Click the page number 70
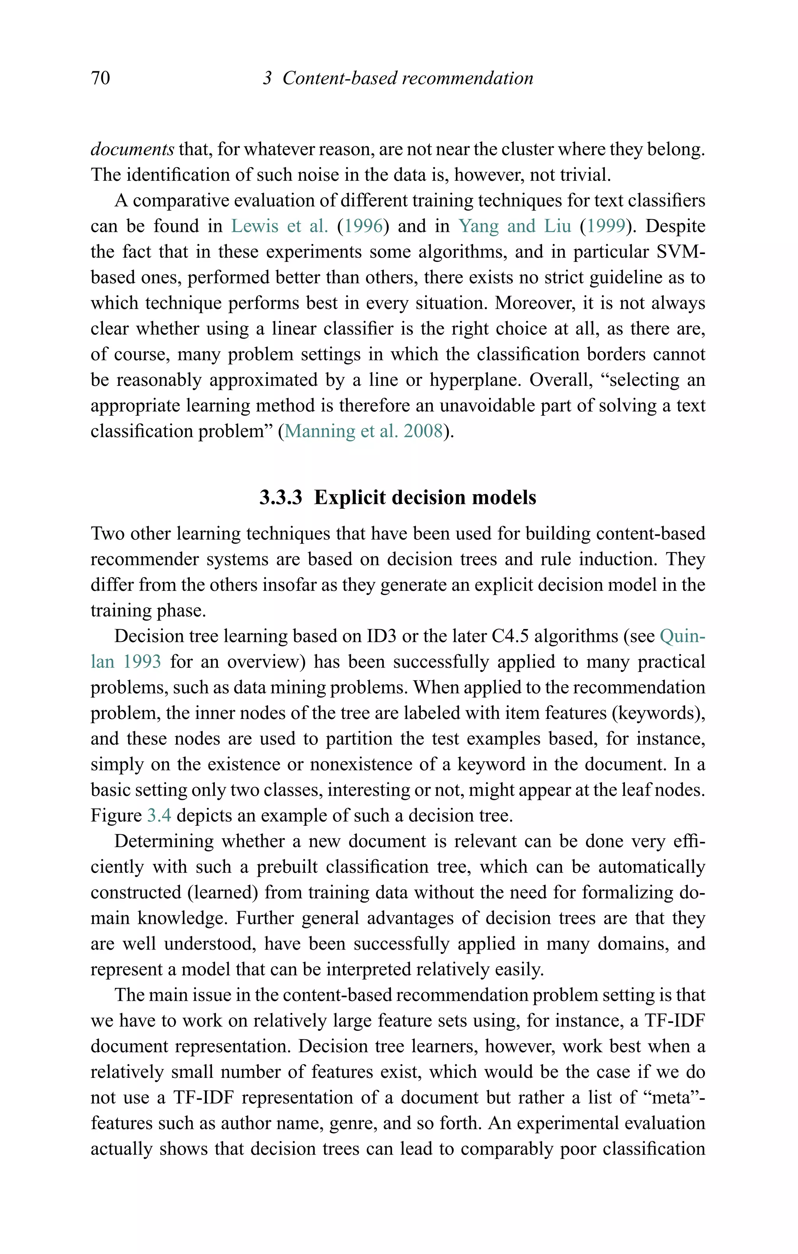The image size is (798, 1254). (100, 78)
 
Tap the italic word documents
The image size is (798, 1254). (132, 150)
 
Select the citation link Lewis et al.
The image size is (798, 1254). (279, 226)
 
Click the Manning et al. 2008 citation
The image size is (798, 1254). (364, 431)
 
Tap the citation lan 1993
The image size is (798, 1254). (125, 662)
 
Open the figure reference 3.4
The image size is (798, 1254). (159, 816)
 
